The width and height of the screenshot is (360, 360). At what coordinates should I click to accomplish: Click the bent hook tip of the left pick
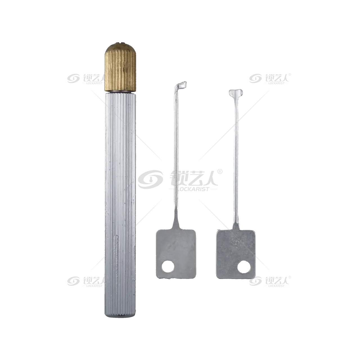point(181,85)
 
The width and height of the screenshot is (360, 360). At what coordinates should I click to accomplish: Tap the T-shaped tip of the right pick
point(236,93)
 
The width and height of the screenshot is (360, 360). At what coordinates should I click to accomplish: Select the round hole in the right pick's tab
point(244,267)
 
